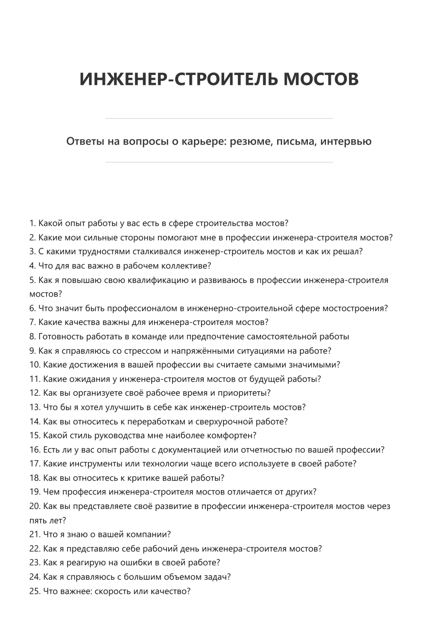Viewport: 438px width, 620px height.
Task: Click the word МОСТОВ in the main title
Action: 321,79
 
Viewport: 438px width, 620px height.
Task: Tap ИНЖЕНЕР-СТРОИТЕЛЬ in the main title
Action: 179,79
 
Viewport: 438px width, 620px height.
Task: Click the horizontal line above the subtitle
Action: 219,118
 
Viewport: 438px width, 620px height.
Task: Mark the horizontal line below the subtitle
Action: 219,162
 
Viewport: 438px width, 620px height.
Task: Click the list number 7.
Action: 33,322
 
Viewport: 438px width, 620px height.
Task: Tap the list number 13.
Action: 35,407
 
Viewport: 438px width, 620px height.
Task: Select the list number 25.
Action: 35,591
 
